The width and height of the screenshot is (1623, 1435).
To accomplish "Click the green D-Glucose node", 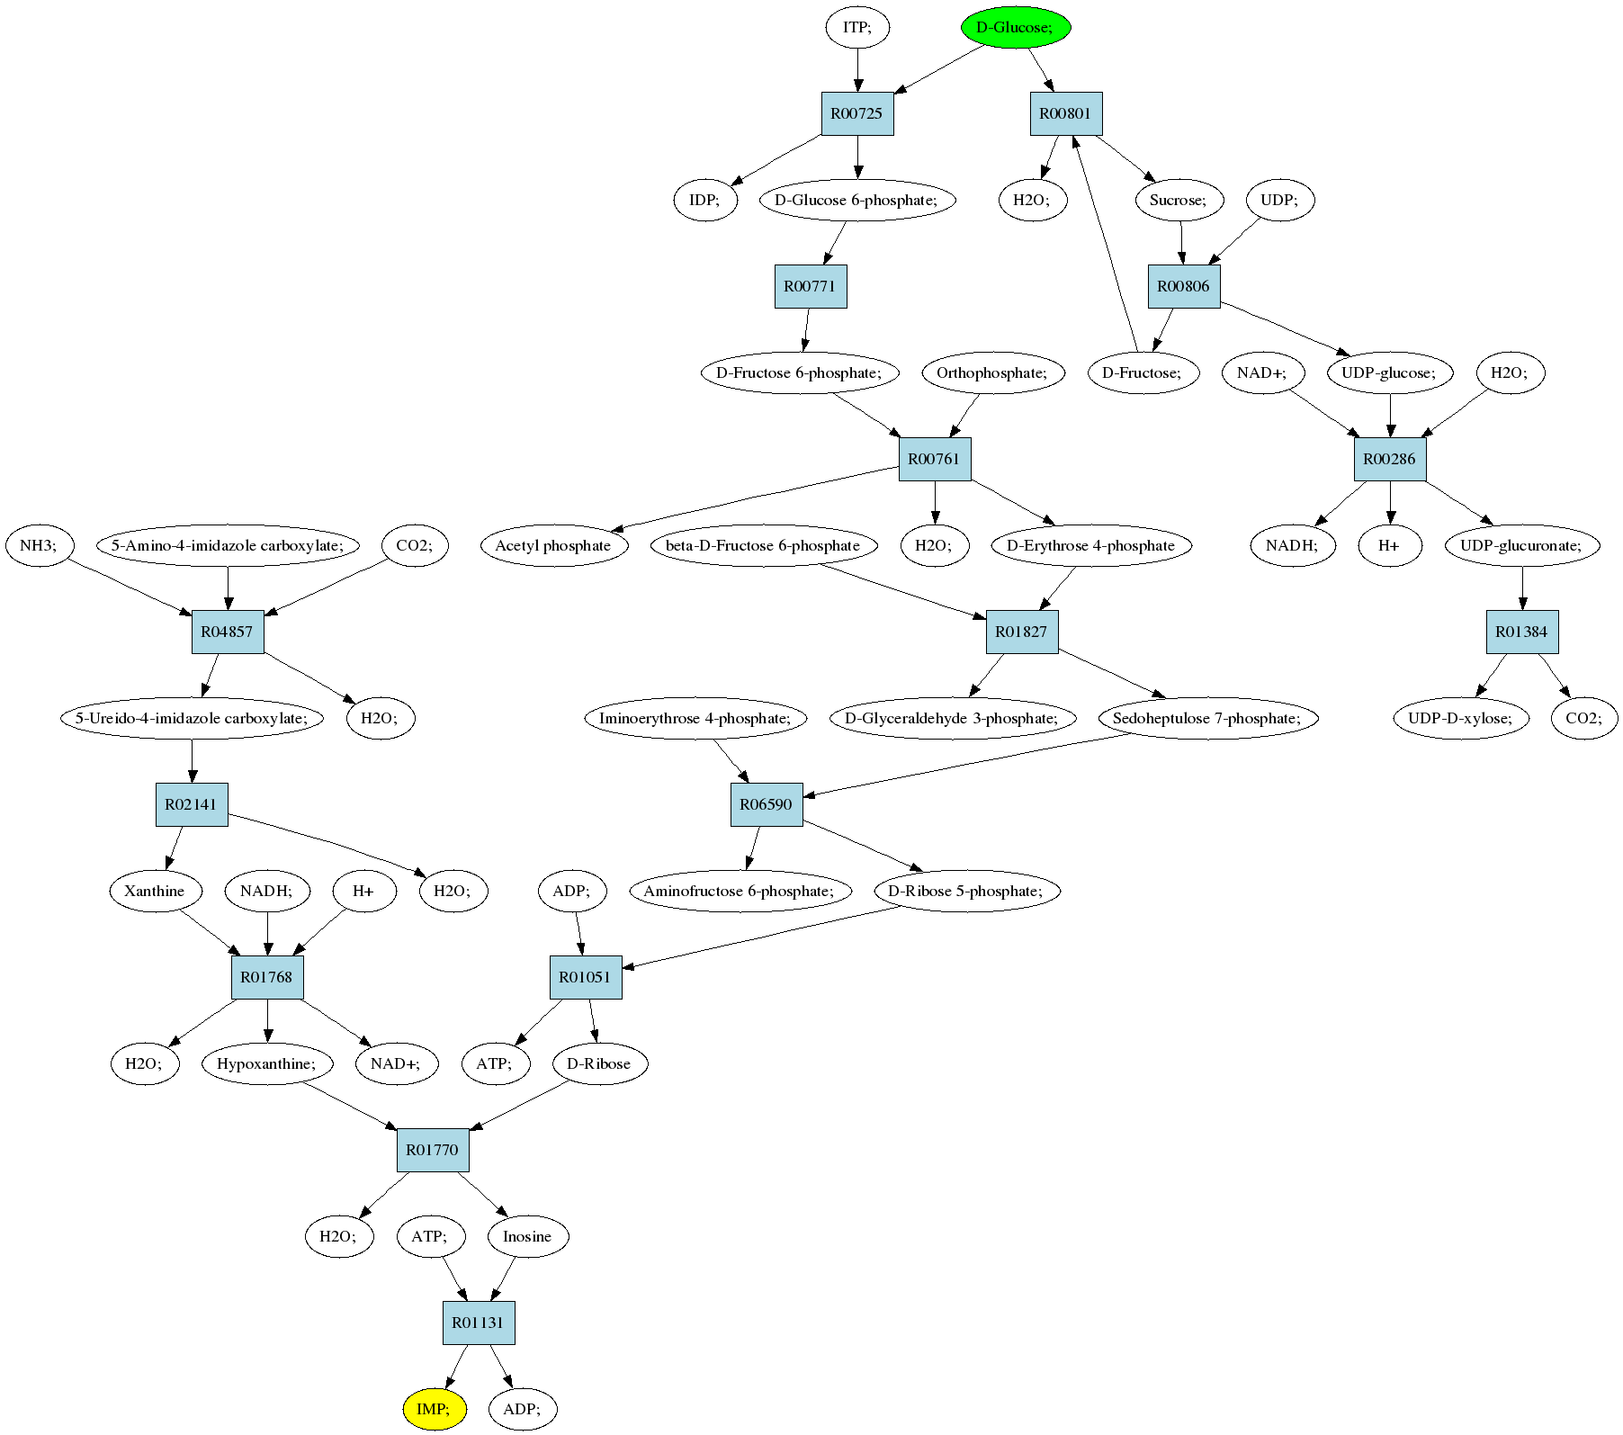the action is (1015, 27).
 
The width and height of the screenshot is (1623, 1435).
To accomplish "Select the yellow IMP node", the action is (435, 1409).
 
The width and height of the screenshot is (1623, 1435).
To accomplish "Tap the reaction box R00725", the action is (857, 114).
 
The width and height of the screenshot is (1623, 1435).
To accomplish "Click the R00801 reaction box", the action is (1066, 114).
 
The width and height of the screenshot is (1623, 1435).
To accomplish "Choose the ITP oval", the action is (857, 27).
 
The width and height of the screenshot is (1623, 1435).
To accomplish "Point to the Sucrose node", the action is (1179, 200).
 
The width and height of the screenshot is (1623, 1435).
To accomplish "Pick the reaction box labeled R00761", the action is (935, 459).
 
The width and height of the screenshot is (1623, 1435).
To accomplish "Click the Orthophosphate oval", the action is (993, 372).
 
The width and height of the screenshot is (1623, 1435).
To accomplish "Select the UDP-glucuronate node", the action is (1523, 545).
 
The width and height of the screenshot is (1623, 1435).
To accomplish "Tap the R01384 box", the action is (1522, 632).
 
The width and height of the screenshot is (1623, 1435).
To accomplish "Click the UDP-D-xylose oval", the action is (1461, 718).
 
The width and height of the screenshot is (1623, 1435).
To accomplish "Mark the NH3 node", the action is (40, 545).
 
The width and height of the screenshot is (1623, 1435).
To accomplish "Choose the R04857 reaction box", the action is (228, 632).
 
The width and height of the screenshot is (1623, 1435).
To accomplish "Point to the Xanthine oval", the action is (155, 891).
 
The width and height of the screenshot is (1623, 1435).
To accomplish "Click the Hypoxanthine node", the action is (267, 1063).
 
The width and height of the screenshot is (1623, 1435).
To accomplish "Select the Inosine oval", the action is (528, 1236).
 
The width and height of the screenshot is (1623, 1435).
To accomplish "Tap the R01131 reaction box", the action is (479, 1323).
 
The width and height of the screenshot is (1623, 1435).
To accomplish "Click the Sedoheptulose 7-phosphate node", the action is (1207, 718).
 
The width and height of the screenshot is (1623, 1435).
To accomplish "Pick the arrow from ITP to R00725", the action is (857, 70).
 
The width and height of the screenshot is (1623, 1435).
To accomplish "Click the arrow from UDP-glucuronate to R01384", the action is (1522, 588).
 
